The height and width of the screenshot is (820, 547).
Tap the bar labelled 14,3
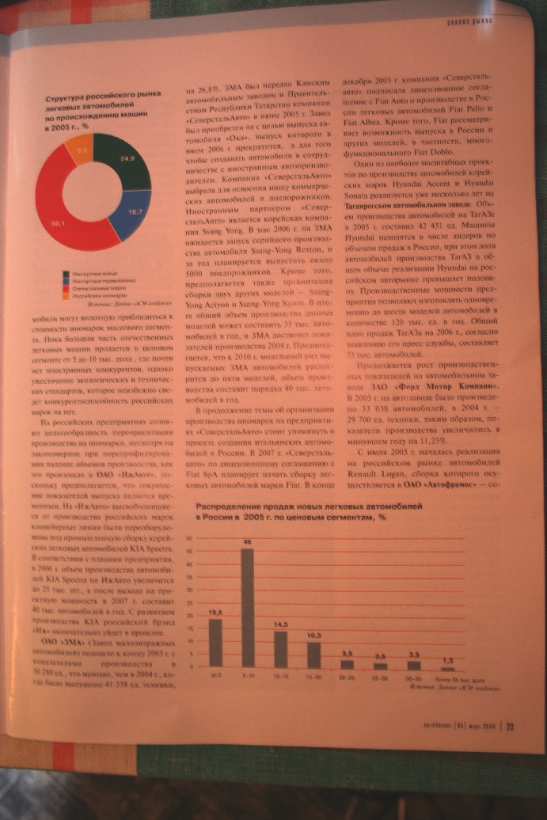(x=280, y=649)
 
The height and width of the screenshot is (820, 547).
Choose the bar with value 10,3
(x=313, y=655)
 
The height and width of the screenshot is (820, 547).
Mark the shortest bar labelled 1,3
(x=448, y=669)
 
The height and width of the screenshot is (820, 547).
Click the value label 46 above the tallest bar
(x=247, y=542)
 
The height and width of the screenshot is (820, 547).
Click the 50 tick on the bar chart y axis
(x=189, y=538)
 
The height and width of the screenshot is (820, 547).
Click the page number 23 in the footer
(x=511, y=719)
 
